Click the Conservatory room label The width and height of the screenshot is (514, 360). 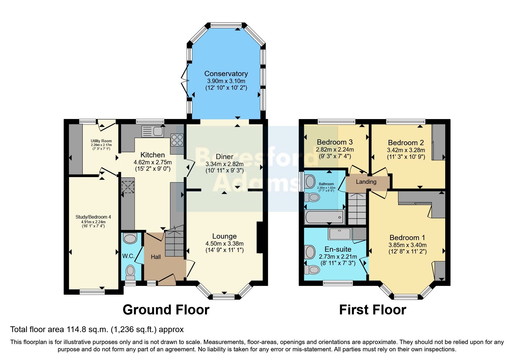tap(226, 73)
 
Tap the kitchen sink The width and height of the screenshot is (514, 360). tap(153, 131)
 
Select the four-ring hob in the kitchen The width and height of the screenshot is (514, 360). tap(177, 140)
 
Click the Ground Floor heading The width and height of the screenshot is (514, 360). tap(166, 310)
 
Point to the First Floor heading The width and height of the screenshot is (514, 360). tap(372, 310)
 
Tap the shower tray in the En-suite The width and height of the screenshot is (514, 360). tap(340, 234)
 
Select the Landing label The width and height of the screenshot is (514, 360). tap(366, 182)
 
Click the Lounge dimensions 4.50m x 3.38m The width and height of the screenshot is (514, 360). tap(224, 244)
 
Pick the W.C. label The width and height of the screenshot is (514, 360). tap(128, 256)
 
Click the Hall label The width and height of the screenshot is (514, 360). tap(156, 257)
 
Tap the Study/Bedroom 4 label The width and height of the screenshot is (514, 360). tap(93, 217)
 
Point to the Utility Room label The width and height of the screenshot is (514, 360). tap(101, 141)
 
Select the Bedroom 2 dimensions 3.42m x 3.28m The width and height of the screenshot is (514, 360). tap(406, 150)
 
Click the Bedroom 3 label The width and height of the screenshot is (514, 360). tap(335, 142)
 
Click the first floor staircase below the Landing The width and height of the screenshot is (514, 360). tap(357, 209)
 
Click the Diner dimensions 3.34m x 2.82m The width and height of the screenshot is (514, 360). tap(224, 164)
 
